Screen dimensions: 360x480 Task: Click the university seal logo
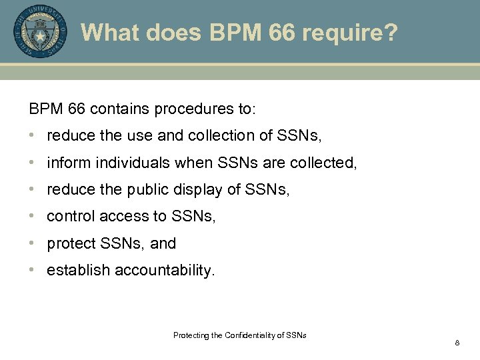tap(40, 31)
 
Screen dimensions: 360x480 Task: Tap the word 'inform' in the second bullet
tap(65, 163)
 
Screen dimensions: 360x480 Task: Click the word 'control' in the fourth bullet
tap(71, 217)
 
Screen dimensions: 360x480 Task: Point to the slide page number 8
tap(457, 343)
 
